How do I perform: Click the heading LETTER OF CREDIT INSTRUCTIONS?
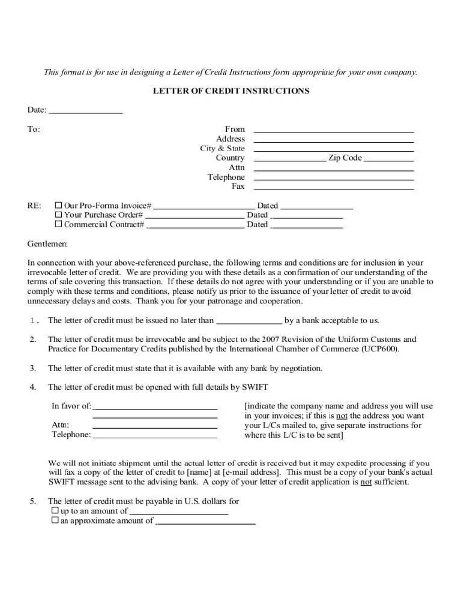[x=231, y=91]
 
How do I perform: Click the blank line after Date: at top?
[x=85, y=111]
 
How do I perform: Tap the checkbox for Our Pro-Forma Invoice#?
[x=58, y=205]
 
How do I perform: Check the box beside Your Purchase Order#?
[x=58, y=215]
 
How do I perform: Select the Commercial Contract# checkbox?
[x=58, y=224]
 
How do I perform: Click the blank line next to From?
[x=334, y=130]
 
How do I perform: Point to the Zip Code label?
[x=345, y=158]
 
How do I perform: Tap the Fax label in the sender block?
[x=238, y=186]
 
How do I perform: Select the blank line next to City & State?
[x=334, y=149]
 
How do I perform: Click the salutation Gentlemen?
[x=48, y=244]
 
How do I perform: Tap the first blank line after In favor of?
[x=155, y=407]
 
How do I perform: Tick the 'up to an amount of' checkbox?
[x=55, y=511]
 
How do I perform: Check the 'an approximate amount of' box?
[x=55, y=520]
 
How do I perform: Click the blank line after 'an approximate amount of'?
[x=205, y=522]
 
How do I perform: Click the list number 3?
[x=33, y=368]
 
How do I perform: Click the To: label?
[x=34, y=129]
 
